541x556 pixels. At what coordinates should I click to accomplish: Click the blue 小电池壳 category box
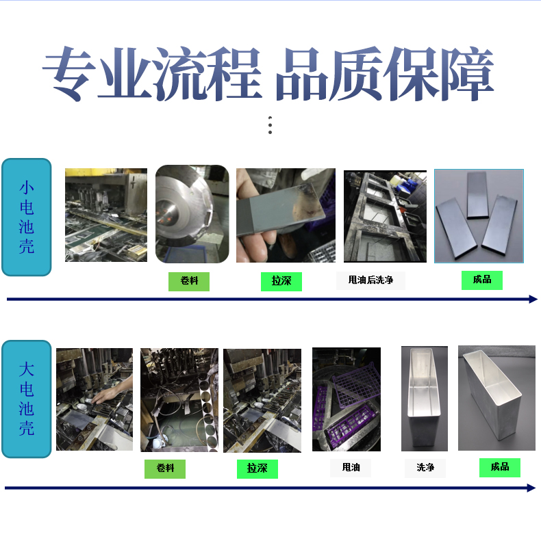click(x=27, y=217)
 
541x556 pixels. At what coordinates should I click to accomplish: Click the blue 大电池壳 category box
click(x=27, y=399)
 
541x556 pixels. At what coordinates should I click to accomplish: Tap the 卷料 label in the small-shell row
click(x=189, y=282)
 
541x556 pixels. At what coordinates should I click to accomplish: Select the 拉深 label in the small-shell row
click(x=281, y=282)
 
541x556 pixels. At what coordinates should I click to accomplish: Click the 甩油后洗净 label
click(x=370, y=280)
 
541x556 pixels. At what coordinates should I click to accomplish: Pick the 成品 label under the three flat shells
click(x=482, y=280)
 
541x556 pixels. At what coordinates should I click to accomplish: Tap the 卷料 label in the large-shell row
click(x=165, y=468)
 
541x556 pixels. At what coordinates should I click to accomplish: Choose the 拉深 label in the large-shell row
click(x=257, y=468)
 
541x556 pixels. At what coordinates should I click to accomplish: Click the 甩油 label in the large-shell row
click(x=351, y=468)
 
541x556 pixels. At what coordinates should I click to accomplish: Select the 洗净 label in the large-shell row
click(x=425, y=468)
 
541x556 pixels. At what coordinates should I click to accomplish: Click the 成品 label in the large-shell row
click(x=500, y=467)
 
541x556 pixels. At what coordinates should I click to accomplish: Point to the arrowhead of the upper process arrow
click(x=533, y=300)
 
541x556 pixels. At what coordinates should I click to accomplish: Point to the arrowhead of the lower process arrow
click(x=531, y=488)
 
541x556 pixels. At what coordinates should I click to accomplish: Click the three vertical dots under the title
click(x=270, y=125)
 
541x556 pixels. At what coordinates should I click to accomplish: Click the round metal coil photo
click(x=192, y=214)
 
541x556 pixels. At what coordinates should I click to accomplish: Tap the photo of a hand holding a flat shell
click(x=286, y=215)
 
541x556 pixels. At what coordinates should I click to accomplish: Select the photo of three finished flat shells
click(x=479, y=216)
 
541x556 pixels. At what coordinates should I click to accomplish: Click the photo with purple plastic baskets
click(x=347, y=399)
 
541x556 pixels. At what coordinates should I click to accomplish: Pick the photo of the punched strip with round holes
click(x=179, y=400)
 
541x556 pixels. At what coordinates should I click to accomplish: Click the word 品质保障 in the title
click(x=385, y=74)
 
